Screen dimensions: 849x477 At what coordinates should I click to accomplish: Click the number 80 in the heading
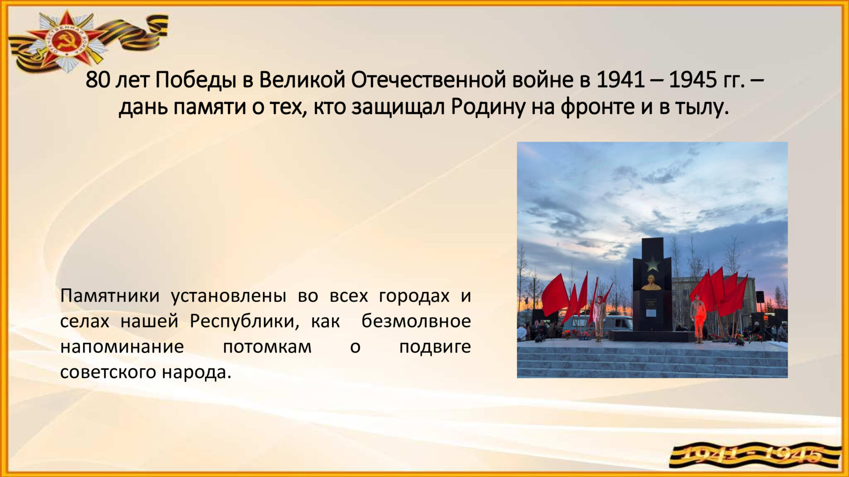point(97,80)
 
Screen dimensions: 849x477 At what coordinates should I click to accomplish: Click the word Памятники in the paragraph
point(110,296)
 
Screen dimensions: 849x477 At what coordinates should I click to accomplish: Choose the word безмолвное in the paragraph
point(416,321)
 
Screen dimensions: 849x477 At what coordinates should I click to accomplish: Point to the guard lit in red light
point(697,320)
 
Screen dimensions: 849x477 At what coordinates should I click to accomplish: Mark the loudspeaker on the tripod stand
point(759,296)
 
